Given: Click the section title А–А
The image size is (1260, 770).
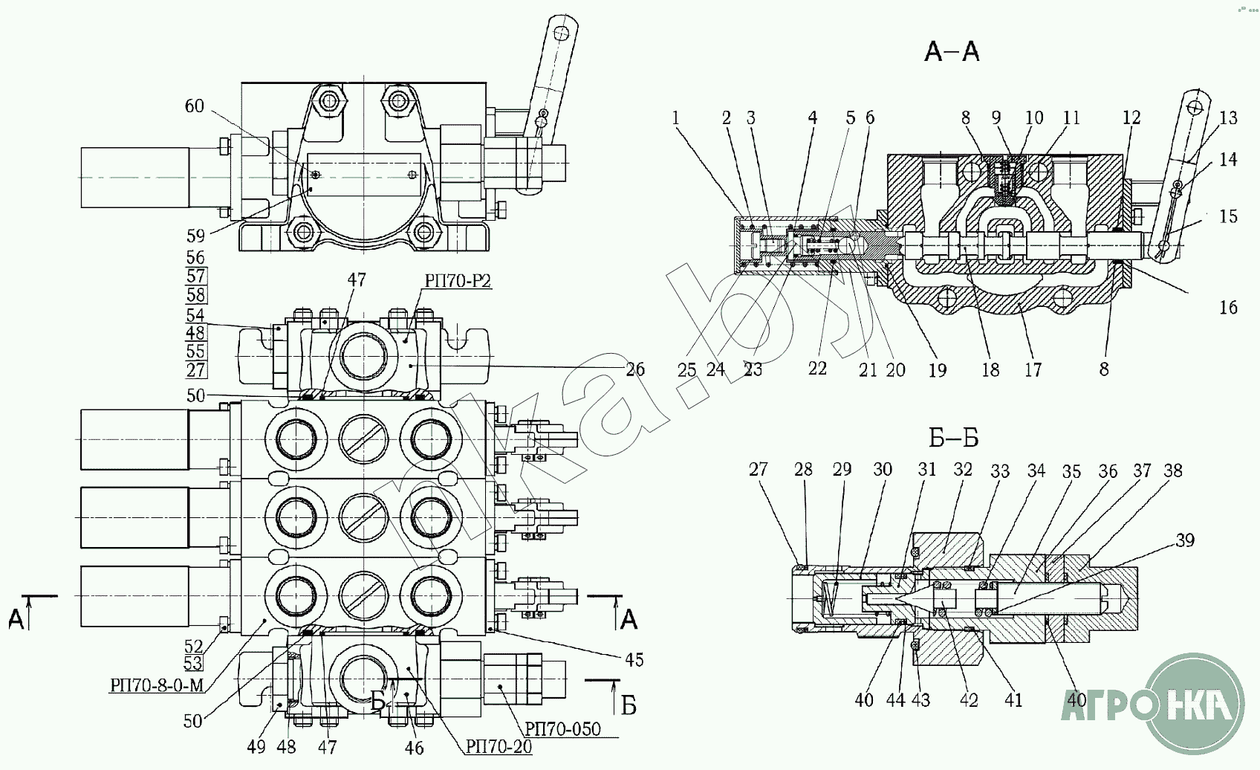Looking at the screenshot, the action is [x=952, y=52].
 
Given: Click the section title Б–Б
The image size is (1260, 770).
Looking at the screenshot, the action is [x=954, y=438].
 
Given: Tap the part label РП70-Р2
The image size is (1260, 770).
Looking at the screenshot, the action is [x=458, y=280].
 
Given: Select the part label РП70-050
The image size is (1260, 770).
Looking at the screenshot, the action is [x=562, y=729].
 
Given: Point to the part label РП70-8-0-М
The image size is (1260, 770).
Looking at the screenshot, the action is [x=157, y=685].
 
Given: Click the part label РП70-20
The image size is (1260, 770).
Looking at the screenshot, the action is [x=499, y=746].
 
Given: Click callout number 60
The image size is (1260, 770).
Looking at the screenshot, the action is [x=195, y=106].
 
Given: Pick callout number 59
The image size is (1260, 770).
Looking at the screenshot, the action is [x=195, y=236].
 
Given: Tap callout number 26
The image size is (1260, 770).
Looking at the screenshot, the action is [x=635, y=369].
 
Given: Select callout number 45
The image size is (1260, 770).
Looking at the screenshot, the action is [x=634, y=660].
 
